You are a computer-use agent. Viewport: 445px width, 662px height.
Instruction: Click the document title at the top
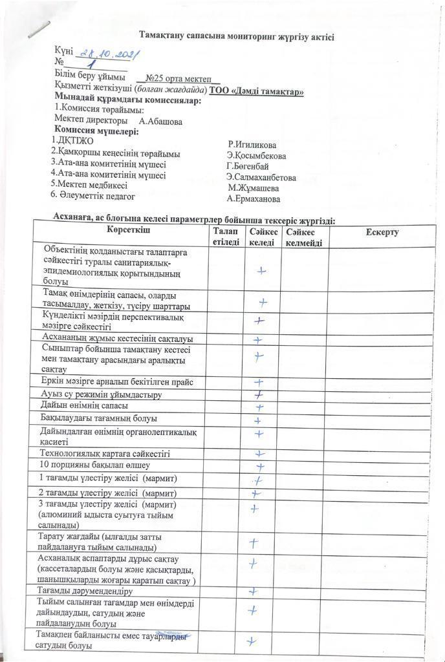[x=236, y=37]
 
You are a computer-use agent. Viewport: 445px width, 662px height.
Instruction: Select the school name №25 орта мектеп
[x=175, y=78]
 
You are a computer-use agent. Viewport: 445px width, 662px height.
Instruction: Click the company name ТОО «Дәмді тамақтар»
[x=257, y=92]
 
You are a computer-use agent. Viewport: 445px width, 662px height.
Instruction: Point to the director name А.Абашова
[x=160, y=121]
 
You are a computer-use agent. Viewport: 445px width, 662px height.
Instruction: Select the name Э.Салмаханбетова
[x=261, y=177]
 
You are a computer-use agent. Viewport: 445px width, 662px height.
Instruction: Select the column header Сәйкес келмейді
[x=303, y=237]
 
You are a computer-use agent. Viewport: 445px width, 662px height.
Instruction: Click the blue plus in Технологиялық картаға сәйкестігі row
[x=260, y=454]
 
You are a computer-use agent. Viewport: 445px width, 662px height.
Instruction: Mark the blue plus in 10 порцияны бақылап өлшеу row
[x=261, y=466]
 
